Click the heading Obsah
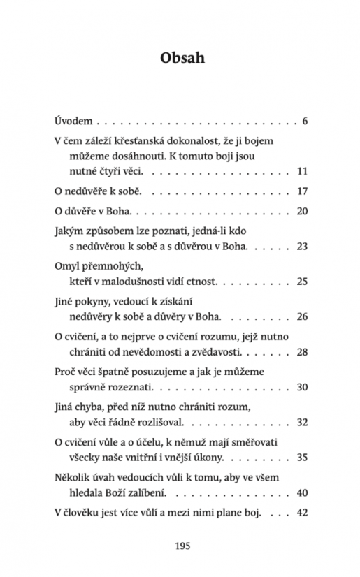pyautogui.click(x=180, y=58)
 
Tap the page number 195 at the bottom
pyautogui.click(x=180, y=545)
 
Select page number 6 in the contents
pyautogui.click(x=305, y=120)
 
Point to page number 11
pyautogui.click(x=303, y=170)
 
